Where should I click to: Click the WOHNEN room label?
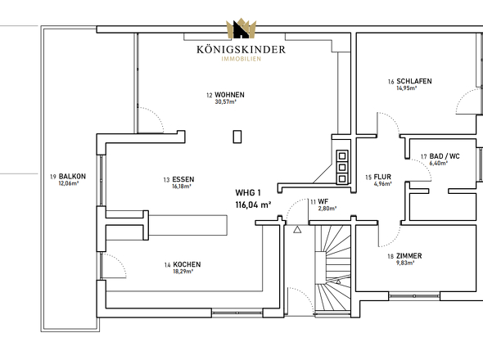click(229, 95)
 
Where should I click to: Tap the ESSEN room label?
click(183, 179)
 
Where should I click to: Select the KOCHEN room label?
click(187, 264)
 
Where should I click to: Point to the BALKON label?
click(72, 177)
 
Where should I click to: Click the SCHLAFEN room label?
click(414, 81)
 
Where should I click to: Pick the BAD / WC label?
click(445, 156)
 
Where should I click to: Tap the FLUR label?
click(382, 177)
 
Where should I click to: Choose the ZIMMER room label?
click(409, 256)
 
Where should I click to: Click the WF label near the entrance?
click(323, 202)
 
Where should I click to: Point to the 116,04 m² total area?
click(253, 205)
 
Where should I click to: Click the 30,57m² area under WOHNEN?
click(225, 102)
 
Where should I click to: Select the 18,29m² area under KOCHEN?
click(183, 272)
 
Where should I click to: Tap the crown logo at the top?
click(241, 29)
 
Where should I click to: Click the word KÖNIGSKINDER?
click(241, 50)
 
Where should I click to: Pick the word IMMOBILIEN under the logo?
click(241, 59)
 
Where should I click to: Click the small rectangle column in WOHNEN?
click(237, 137)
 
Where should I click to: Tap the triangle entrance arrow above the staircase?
click(297, 229)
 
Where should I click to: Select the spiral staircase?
click(332, 270)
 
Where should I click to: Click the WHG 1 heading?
click(248, 193)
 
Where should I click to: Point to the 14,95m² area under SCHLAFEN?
click(407, 88)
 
